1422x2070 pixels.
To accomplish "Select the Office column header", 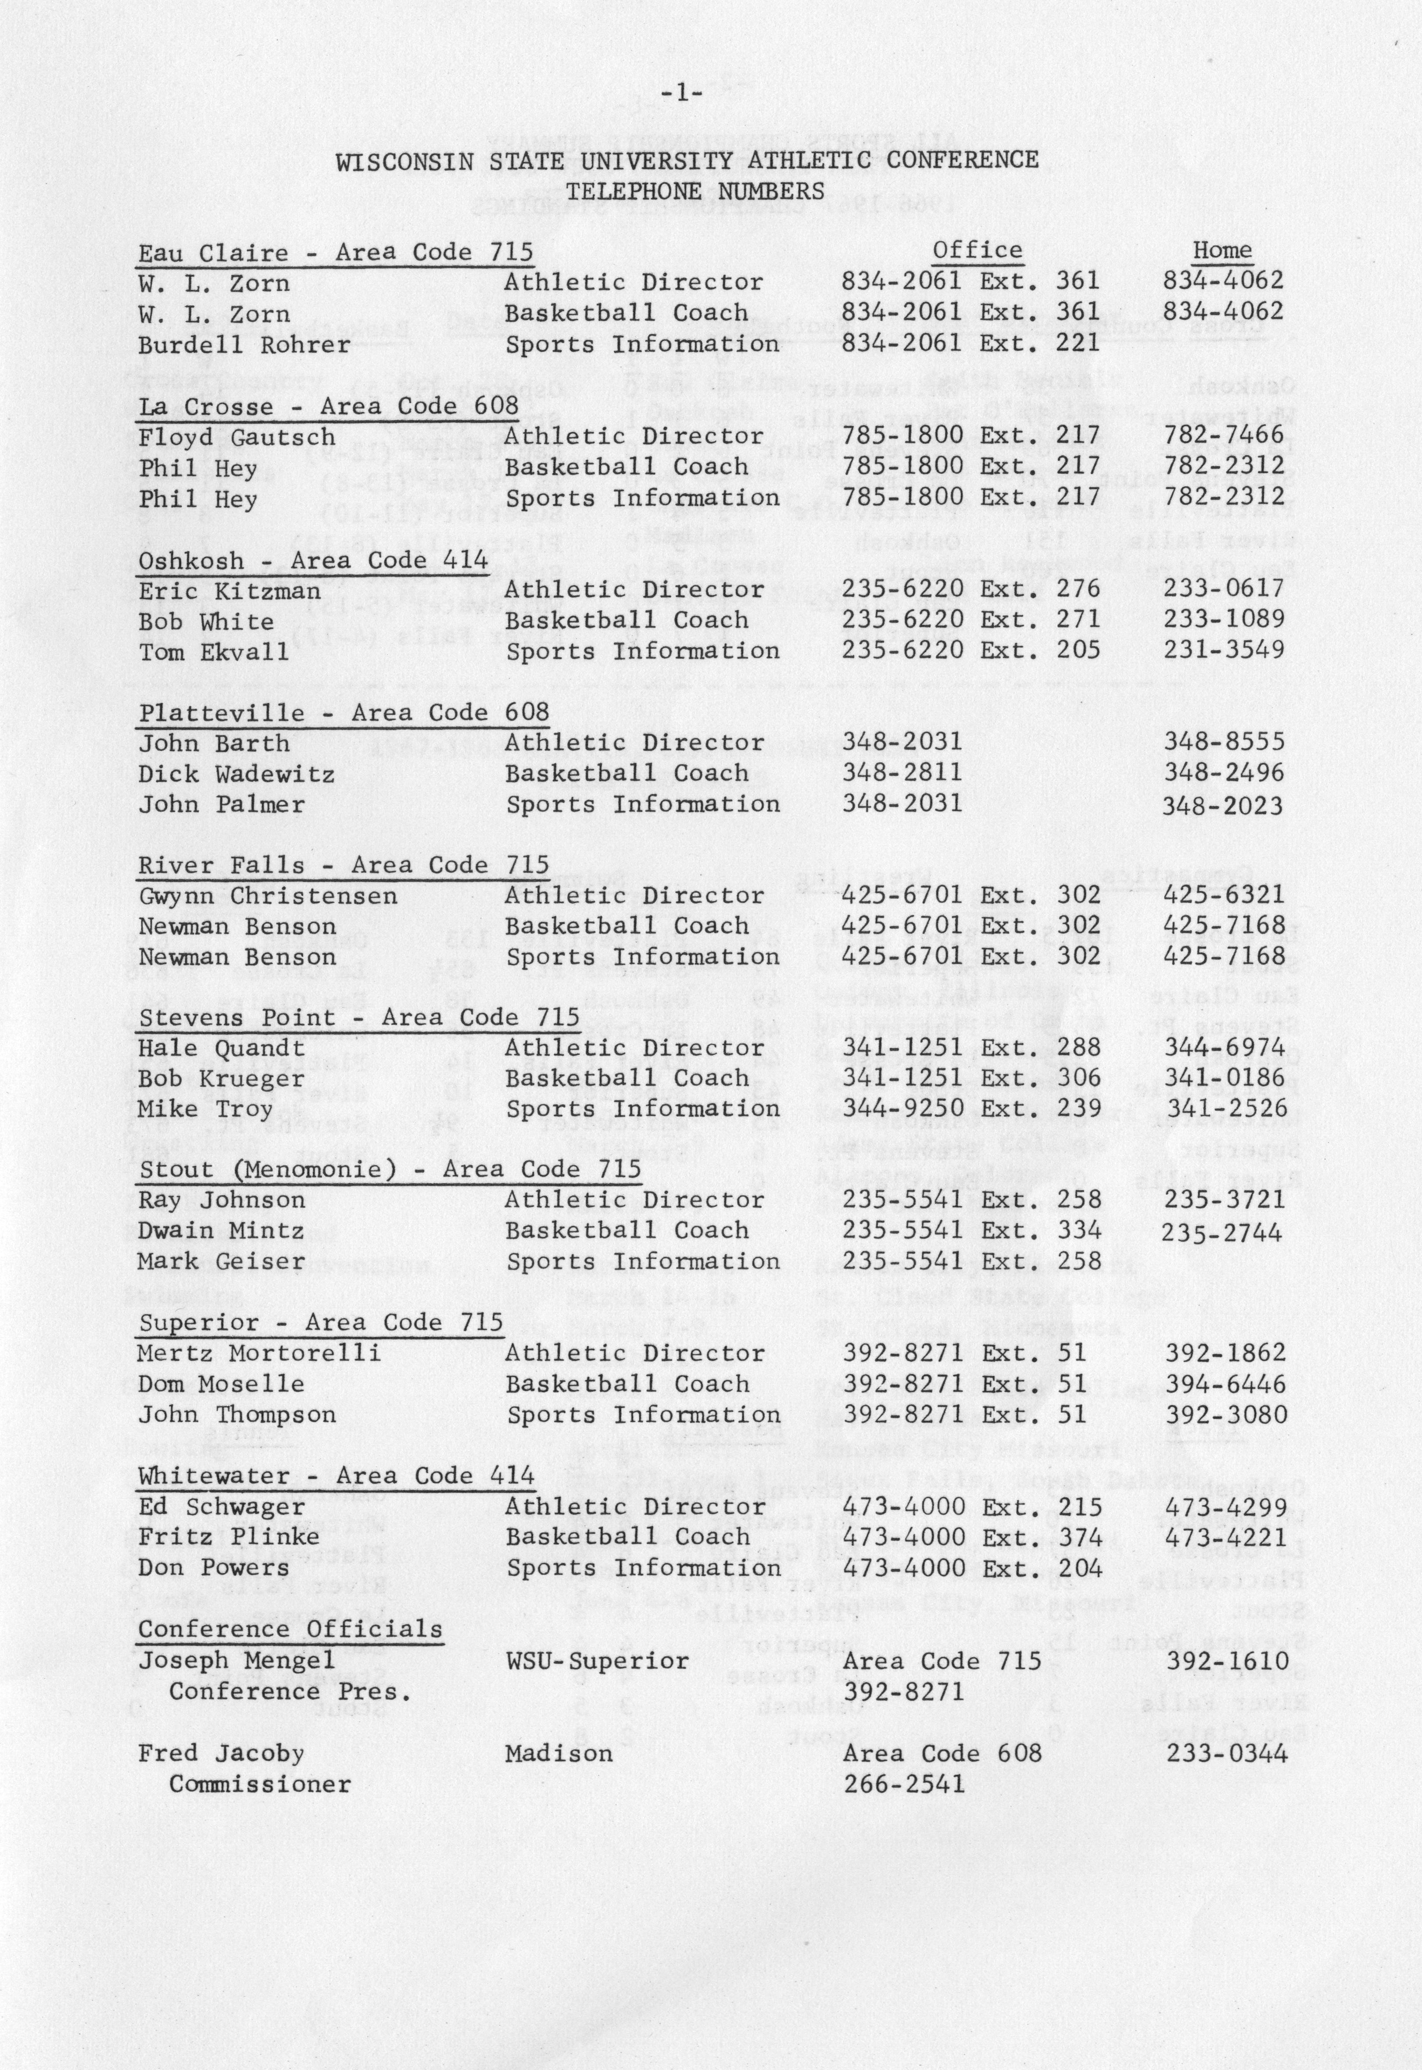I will pos(978,251).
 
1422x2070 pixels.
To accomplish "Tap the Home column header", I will pos(1221,251).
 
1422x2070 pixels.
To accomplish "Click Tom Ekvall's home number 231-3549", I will pos(1223,650).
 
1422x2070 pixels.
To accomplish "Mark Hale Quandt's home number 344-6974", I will pos(1224,1048).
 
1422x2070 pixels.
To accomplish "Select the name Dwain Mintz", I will pos(221,1231).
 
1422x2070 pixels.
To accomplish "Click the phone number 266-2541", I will pos(903,1784).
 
